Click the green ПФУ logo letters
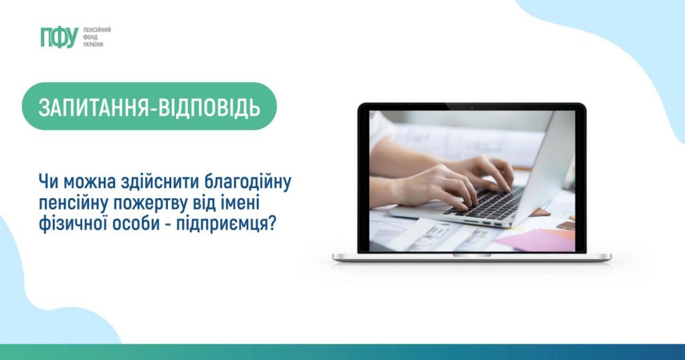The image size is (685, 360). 59,37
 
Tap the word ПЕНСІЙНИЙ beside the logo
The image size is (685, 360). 96,30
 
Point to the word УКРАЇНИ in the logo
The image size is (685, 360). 93,44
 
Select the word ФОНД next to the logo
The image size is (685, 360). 89,37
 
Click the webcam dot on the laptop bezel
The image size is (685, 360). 472,107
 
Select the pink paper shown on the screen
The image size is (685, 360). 535,239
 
